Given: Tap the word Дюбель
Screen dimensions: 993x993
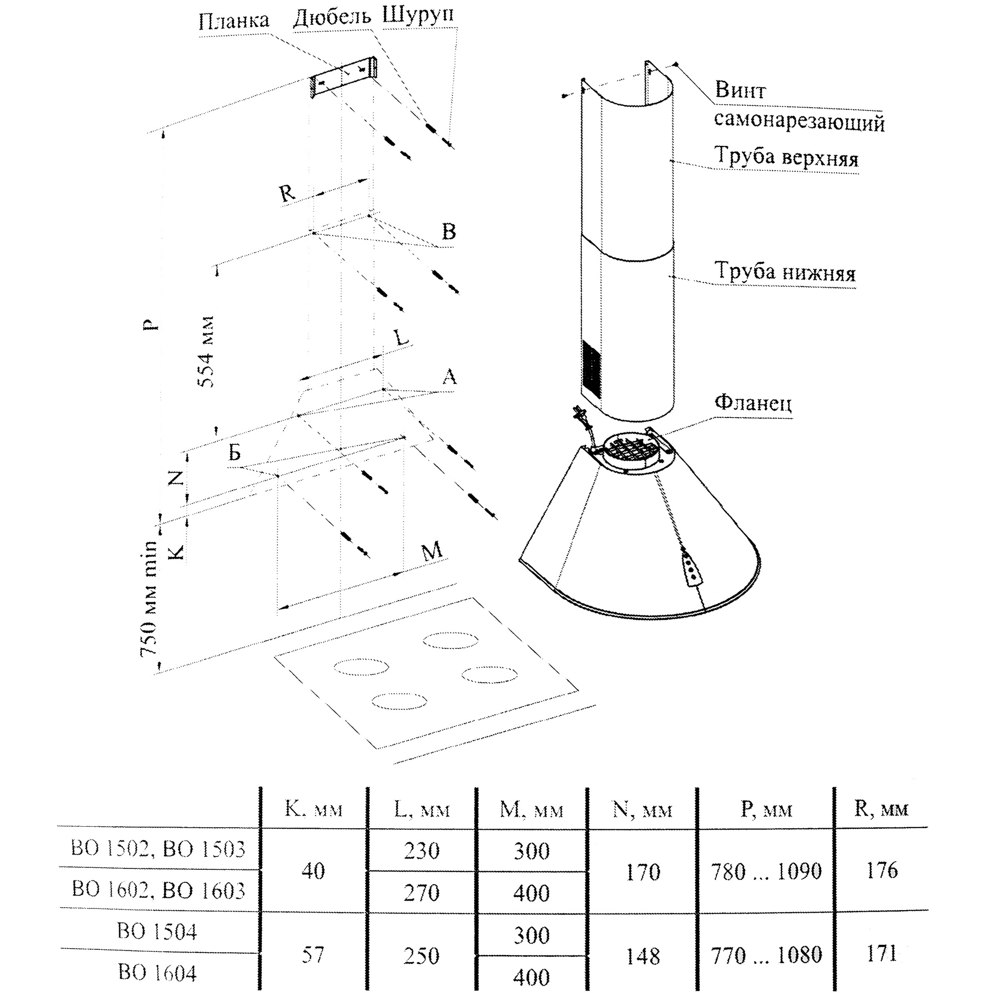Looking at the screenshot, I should click(x=332, y=17).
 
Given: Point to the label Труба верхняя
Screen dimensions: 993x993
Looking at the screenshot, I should click(x=786, y=157).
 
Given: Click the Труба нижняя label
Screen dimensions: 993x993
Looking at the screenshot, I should click(x=785, y=272).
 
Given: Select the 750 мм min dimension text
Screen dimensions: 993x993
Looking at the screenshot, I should click(x=149, y=598).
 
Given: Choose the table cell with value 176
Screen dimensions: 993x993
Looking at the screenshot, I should click(x=881, y=871).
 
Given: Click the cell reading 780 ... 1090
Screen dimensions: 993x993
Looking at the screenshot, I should click(x=766, y=872).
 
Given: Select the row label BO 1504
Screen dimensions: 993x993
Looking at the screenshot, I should click(x=157, y=931).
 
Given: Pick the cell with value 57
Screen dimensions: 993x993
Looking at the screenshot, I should click(x=312, y=955).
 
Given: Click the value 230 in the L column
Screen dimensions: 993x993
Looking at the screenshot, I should click(x=422, y=851).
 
